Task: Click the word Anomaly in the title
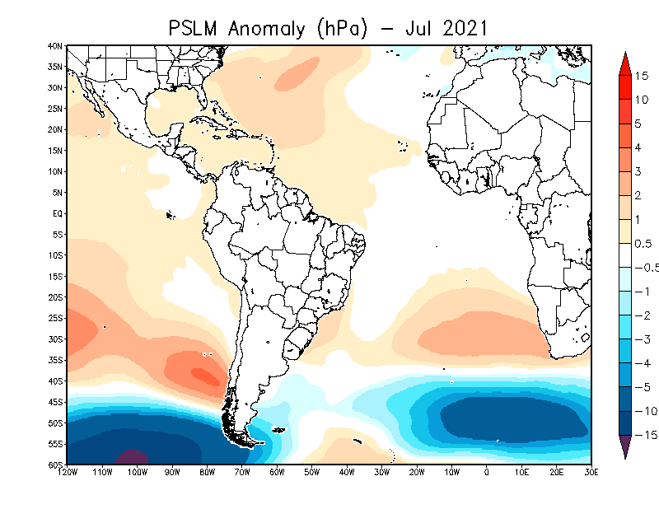pyautogui.click(x=266, y=30)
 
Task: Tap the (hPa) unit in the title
pyautogui.click(x=342, y=30)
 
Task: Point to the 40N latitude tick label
pyautogui.click(x=55, y=46)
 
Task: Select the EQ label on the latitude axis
pyautogui.click(x=58, y=213)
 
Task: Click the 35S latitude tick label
pyautogui.click(x=55, y=360)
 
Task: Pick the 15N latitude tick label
pyautogui.click(x=55, y=151)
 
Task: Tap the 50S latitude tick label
pyautogui.click(x=55, y=423)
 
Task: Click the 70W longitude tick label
pyautogui.click(x=242, y=472)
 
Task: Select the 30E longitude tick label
pyautogui.click(x=591, y=472)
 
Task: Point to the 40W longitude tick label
pyautogui.click(x=347, y=472)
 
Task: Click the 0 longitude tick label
pyautogui.click(x=487, y=472)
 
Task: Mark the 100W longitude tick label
pyautogui.click(x=138, y=472)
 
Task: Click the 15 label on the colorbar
pyautogui.click(x=642, y=76)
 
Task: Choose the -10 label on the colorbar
pyautogui.click(x=646, y=411)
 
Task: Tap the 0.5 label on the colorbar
pyautogui.click(x=643, y=244)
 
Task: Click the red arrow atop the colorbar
pyautogui.click(x=625, y=63)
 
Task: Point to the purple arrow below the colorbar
pyautogui.click(x=625, y=446)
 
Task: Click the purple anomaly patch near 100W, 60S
pyautogui.click(x=132, y=457)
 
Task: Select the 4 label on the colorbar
pyautogui.click(x=638, y=147)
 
